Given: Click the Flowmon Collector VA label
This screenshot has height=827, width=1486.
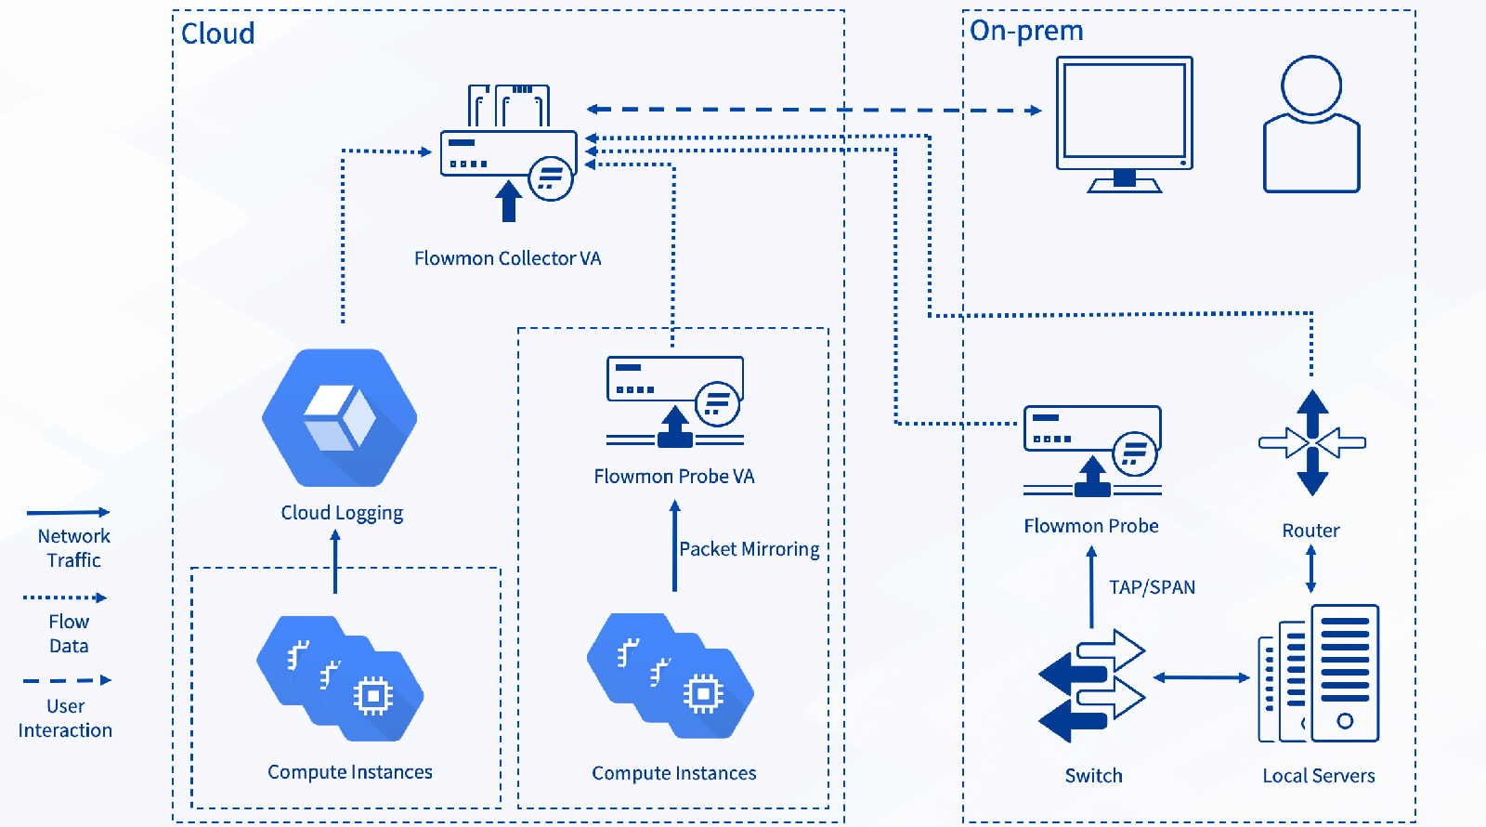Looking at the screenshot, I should (507, 258).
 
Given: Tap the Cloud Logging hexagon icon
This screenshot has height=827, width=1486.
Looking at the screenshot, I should (340, 417).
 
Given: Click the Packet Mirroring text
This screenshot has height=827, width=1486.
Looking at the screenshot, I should (749, 549).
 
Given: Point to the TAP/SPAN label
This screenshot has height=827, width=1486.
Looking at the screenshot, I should (1152, 587).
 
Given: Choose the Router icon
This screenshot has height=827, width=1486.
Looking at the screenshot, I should (1311, 443).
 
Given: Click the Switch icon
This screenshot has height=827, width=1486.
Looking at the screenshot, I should (1092, 686).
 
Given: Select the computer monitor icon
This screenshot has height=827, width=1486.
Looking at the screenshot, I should (1125, 123).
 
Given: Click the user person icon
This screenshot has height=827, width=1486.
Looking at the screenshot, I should (1311, 125).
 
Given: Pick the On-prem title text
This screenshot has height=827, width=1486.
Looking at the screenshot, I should (1026, 31).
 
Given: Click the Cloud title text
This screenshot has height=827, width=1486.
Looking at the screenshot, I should (217, 33).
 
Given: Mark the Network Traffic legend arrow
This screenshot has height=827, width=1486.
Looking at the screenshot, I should (68, 512).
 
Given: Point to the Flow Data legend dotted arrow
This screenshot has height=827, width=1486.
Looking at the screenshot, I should (65, 597).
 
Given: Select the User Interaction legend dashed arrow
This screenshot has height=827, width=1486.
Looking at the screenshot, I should (67, 680).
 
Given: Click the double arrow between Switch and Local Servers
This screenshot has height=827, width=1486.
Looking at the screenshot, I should (1201, 677).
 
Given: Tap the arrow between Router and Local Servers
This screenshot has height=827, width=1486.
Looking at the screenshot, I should (1310, 569).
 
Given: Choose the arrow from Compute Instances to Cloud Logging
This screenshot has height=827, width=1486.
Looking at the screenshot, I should (335, 561).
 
